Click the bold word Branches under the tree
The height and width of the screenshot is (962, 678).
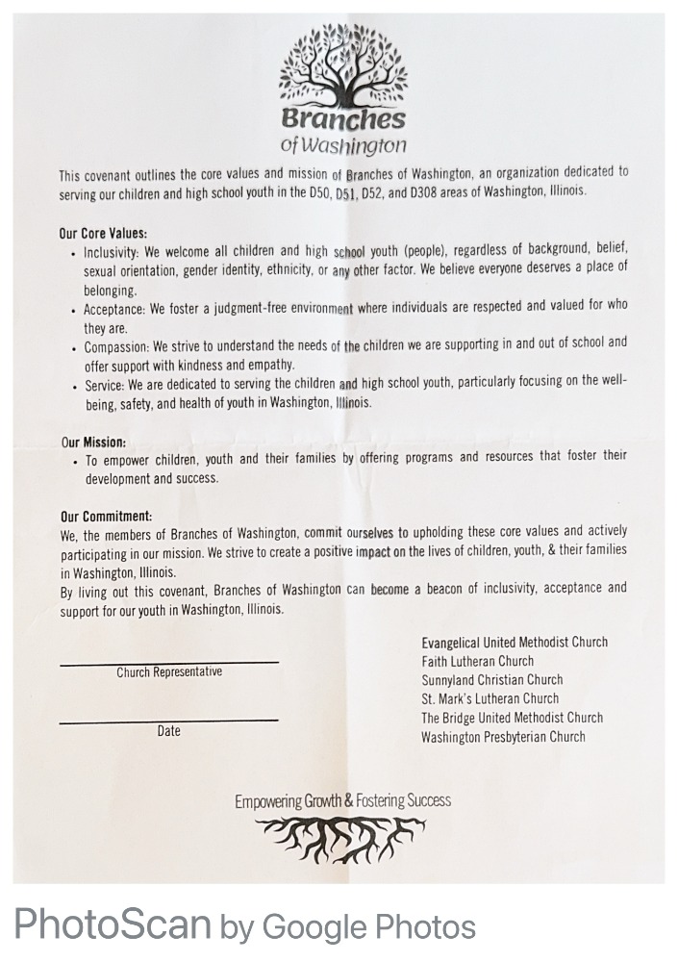tap(343, 120)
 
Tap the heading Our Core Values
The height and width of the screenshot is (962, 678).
tap(103, 233)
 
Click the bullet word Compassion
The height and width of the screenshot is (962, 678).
tap(115, 344)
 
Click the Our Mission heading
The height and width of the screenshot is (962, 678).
tap(93, 443)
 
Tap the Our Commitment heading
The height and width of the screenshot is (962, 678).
tap(106, 516)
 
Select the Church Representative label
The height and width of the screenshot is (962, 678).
tap(169, 672)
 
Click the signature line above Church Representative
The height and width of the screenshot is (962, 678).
tap(169, 662)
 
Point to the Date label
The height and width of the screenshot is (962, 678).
tap(169, 731)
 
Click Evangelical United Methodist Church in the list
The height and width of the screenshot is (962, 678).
tap(515, 643)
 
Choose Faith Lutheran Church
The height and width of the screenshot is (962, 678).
tap(477, 662)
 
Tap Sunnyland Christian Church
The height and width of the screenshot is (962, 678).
tap(491, 680)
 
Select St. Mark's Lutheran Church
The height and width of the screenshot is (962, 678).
tap(490, 699)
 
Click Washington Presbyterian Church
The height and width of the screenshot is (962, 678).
tap(503, 737)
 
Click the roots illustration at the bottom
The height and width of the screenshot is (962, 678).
tap(342, 838)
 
